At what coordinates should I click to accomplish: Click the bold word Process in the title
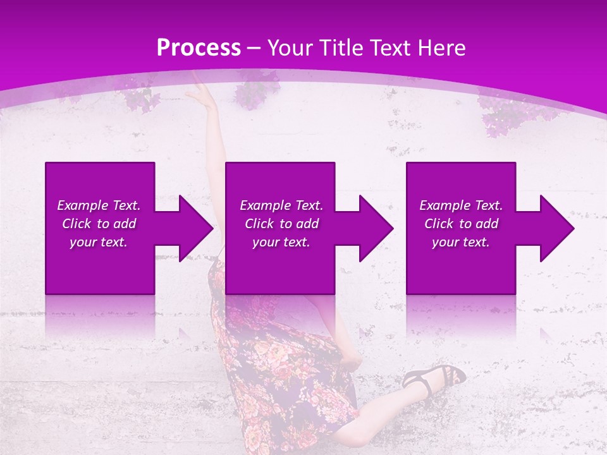(199, 48)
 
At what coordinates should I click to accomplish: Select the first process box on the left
(100, 272)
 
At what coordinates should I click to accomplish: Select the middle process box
(280, 272)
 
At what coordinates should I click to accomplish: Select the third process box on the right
(460, 272)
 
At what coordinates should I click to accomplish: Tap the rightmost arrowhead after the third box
(556, 228)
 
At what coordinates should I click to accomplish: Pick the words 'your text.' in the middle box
(281, 242)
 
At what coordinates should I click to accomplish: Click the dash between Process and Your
(254, 48)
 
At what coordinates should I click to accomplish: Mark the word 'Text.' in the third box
(488, 205)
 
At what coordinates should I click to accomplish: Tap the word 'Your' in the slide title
(289, 48)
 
